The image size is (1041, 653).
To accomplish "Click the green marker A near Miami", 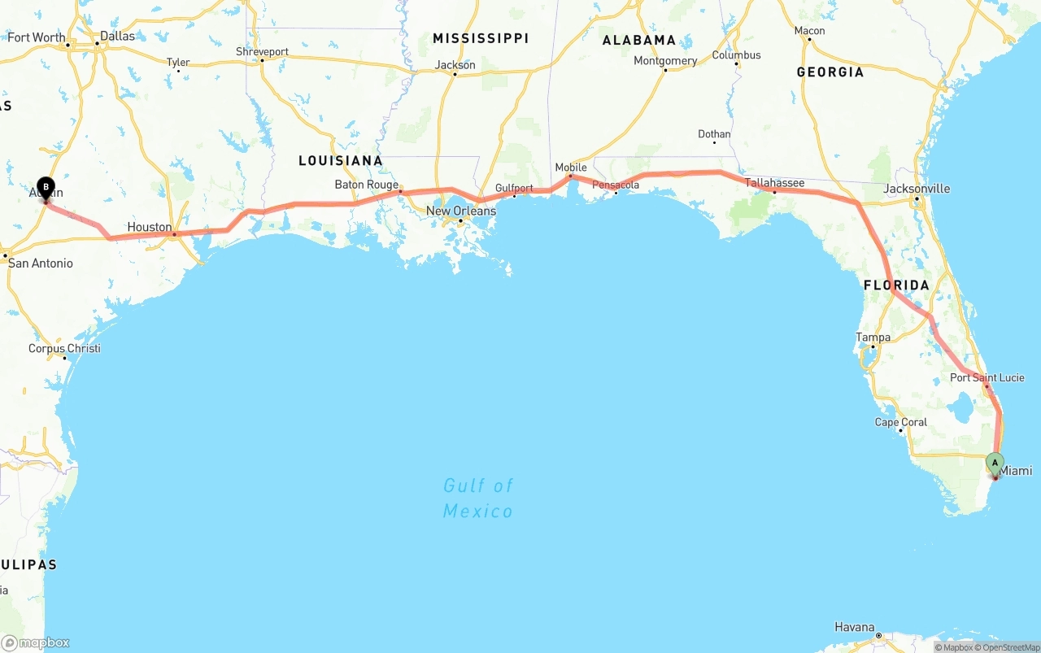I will (x=994, y=463).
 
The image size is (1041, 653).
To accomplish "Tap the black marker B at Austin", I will (x=46, y=188).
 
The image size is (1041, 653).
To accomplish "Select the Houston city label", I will (x=150, y=227).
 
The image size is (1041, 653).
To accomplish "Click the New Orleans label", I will (x=460, y=211).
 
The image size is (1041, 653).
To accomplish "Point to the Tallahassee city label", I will (x=774, y=183).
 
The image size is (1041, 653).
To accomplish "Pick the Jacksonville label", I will (x=917, y=189).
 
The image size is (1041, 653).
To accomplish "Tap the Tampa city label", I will (x=873, y=337).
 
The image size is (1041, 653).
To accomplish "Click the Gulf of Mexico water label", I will (x=478, y=498).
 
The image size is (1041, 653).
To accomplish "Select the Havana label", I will (x=854, y=627).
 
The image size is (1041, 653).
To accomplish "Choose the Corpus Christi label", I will (x=64, y=348).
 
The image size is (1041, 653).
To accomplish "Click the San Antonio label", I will (x=40, y=263).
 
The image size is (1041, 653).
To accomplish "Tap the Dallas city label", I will (x=117, y=36).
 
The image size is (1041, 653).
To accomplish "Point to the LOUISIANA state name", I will (x=340, y=161).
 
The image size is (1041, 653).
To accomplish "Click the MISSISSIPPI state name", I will (x=481, y=38).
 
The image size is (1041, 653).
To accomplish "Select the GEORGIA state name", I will (x=830, y=72).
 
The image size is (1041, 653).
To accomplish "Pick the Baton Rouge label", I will (x=367, y=185).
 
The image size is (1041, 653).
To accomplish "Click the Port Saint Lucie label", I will (x=987, y=377).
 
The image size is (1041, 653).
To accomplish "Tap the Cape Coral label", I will (x=900, y=422).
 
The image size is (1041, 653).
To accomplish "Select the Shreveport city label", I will (x=262, y=51).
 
